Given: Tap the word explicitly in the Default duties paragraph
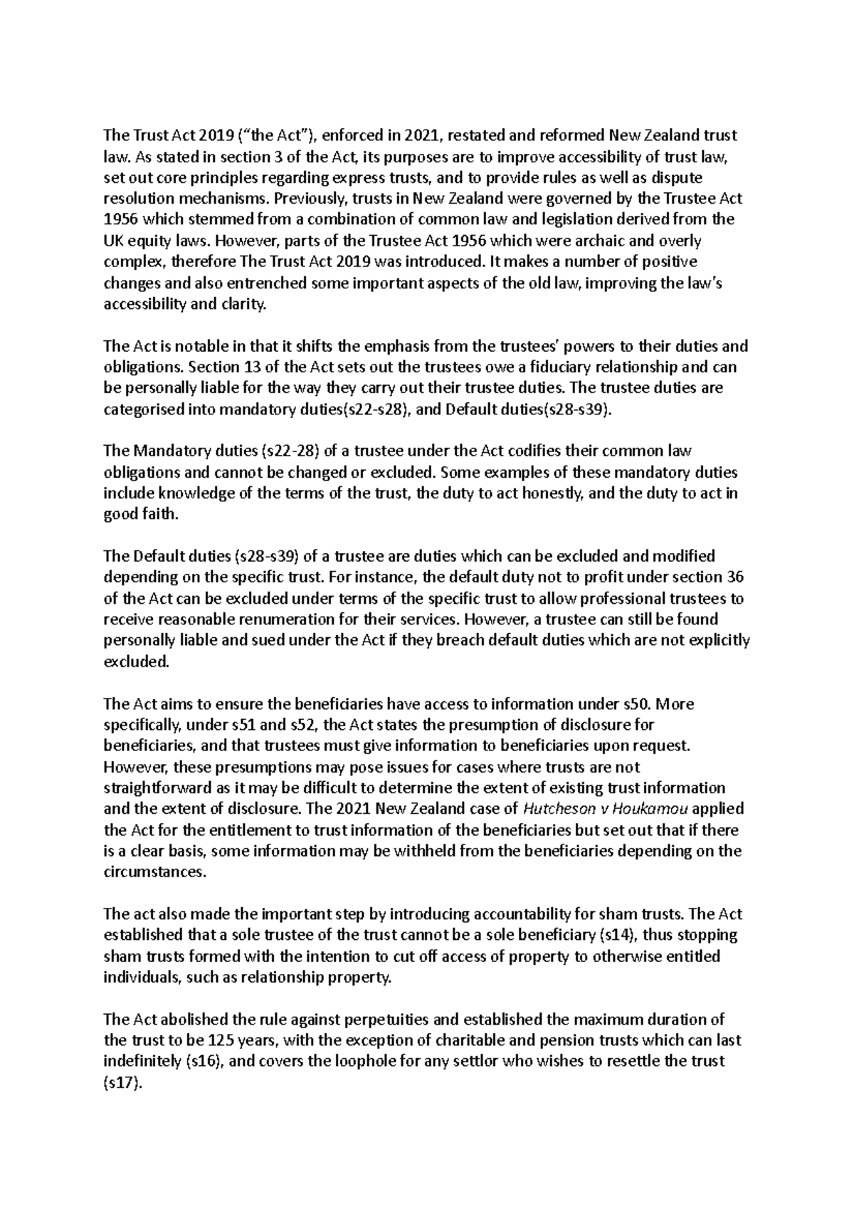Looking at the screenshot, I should tap(715, 639).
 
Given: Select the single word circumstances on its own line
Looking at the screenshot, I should tap(154, 872).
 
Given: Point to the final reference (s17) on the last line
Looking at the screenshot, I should tap(123, 1082).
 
